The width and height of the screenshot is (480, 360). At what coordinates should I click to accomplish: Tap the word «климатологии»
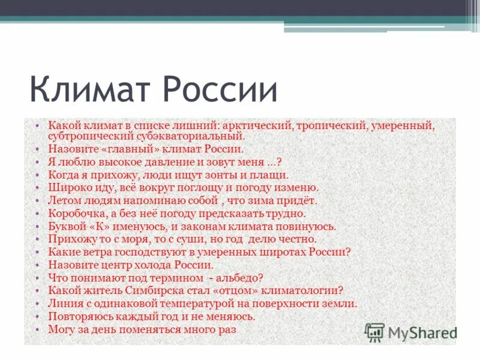click(302, 291)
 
